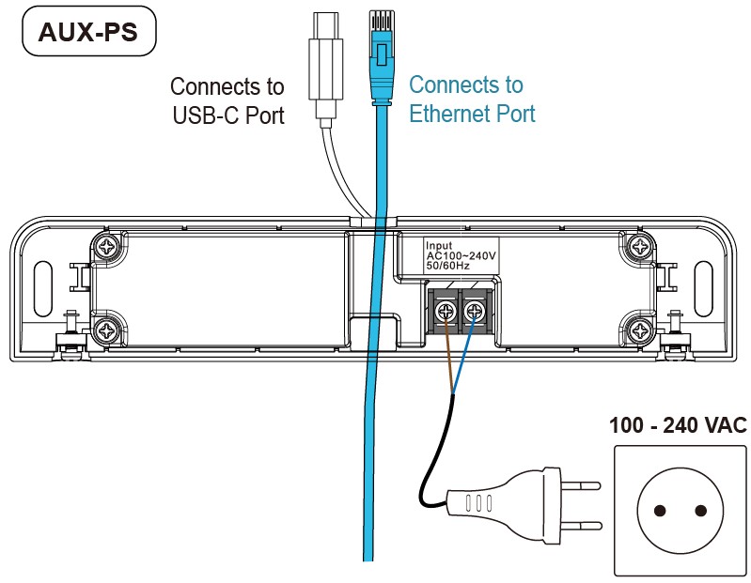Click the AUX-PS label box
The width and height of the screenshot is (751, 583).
89,31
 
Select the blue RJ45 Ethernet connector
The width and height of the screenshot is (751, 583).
382,57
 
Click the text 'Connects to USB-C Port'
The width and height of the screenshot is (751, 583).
227,100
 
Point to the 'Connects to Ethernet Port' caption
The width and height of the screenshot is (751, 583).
472,99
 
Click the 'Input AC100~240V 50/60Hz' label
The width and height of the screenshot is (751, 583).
461,255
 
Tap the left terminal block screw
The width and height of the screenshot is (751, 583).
446,312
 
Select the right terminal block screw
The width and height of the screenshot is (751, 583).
474,312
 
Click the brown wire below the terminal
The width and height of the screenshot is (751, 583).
449,357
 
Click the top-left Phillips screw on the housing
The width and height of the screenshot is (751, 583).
106,247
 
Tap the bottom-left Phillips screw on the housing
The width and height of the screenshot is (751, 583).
106,330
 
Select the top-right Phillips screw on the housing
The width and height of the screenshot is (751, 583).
640,247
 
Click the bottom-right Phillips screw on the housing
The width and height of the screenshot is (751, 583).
640,330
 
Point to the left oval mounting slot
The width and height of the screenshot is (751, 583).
43,288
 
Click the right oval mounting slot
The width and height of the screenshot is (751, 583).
703,288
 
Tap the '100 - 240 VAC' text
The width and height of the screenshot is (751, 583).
678,425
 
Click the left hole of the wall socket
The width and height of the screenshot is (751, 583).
660,511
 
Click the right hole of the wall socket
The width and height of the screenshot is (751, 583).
700,511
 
